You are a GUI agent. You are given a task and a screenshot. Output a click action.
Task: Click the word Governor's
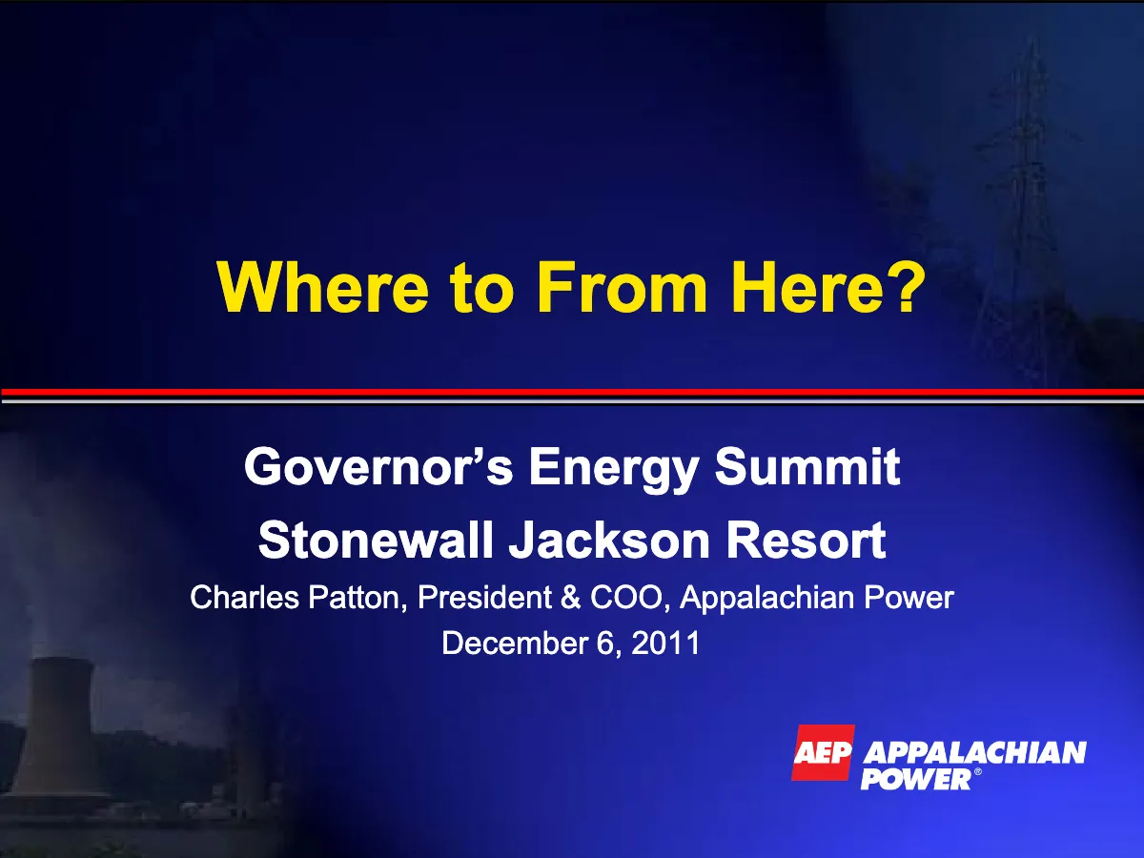pyautogui.click(x=378, y=466)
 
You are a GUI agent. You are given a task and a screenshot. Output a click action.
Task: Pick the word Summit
pyautogui.click(x=807, y=466)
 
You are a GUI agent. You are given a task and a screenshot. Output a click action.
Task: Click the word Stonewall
pyautogui.click(x=376, y=540)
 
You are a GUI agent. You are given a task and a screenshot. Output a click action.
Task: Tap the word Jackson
pyautogui.click(x=609, y=540)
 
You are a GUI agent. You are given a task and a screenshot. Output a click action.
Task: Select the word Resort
pyautogui.click(x=806, y=540)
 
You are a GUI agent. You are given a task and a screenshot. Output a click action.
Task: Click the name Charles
pyautogui.click(x=244, y=597)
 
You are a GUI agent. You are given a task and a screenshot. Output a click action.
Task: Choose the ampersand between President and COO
pyautogui.click(x=571, y=597)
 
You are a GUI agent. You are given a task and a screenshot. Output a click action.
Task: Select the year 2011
pyautogui.click(x=665, y=643)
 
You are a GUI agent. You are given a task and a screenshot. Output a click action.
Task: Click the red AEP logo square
pyautogui.click(x=823, y=753)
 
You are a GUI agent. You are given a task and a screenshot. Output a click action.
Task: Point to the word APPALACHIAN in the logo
pyautogui.click(x=974, y=753)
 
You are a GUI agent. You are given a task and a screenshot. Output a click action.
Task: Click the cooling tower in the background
pyautogui.click(x=57, y=729)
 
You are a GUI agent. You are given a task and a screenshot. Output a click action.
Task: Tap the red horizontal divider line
pyautogui.click(x=572, y=392)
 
